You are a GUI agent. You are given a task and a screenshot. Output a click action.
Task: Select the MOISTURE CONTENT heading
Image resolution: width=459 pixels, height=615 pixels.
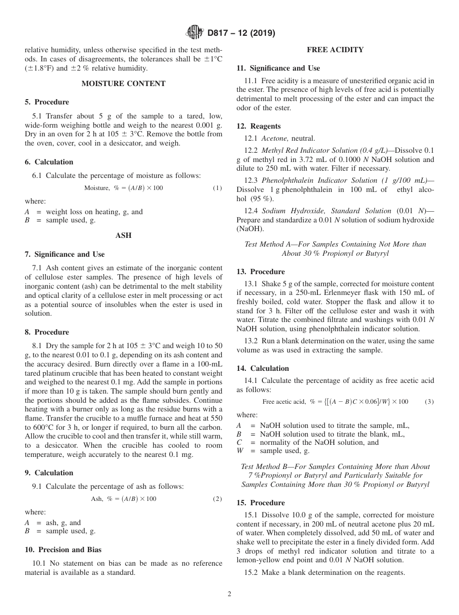click(123, 84)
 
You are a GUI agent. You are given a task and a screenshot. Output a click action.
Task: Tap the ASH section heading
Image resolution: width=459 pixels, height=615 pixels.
click(123, 235)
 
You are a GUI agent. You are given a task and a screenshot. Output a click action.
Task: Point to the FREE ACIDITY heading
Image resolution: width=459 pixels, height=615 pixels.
click(335, 50)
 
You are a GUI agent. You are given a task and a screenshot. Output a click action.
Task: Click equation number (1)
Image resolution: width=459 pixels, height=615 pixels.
click(217, 188)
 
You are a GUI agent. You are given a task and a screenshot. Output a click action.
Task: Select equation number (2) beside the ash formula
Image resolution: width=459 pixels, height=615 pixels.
click(217, 498)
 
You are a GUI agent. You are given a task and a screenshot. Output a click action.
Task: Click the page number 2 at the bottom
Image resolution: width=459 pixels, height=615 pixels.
click(229, 594)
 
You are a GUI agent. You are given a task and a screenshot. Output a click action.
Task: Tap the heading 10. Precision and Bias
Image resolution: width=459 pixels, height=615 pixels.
click(63, 549)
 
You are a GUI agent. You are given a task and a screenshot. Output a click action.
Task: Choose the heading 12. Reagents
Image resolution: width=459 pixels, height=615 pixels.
click(258, 126)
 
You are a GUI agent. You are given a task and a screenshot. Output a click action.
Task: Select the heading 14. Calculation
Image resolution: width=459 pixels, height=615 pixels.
click(262, 368)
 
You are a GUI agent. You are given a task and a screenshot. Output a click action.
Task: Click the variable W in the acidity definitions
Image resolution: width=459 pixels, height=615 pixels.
click(240, 451)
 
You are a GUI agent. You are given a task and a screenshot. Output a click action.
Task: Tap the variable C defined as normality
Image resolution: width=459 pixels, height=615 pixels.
click(239, 442)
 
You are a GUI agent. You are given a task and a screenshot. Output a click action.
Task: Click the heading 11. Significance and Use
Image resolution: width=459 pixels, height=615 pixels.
click(278, 68)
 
